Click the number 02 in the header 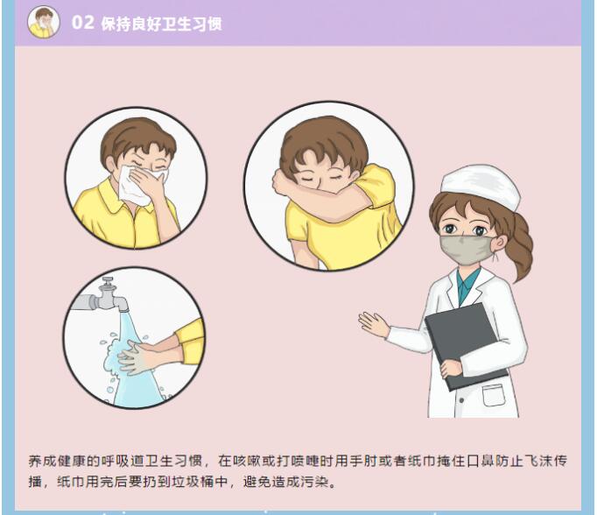click(82, 22)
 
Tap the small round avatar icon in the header click(44, 22)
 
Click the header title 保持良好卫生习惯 click(161, 24)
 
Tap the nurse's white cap click(481, 187)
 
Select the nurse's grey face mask click(467, 250)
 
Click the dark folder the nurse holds click(466, 345)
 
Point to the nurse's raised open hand click(374, 325)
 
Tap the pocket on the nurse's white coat click(494, 395)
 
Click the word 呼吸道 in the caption click(123, 461)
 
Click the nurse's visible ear click(501, 243)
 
